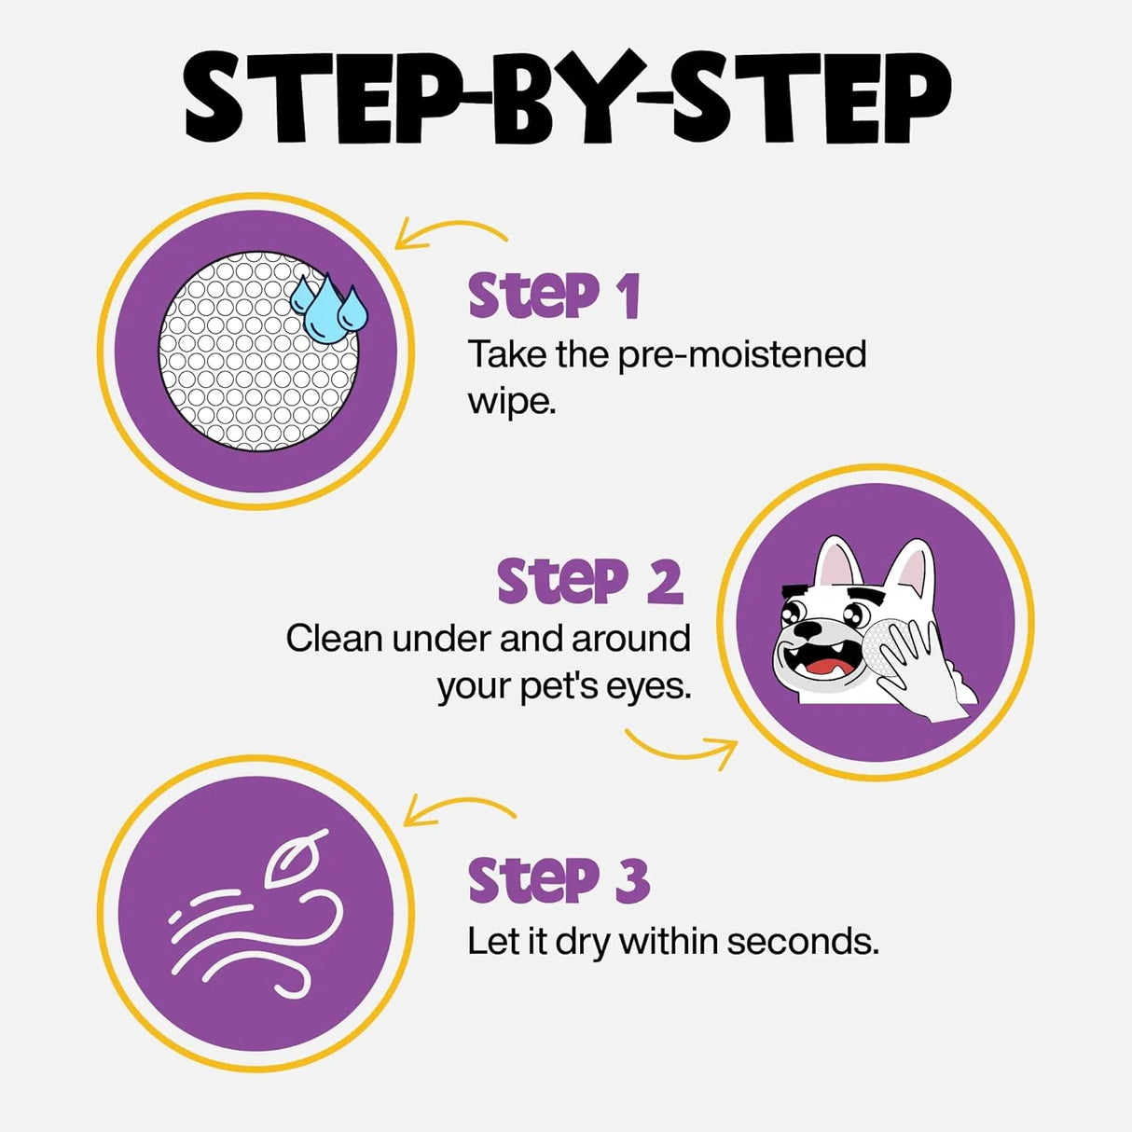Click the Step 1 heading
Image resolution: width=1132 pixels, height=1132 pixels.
554,297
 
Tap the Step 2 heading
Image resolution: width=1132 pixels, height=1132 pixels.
589,582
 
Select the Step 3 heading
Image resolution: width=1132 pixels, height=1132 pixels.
558,880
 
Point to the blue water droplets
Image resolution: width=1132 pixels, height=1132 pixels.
328,304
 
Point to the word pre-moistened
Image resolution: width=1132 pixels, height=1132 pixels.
742,355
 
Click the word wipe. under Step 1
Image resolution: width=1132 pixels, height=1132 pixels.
511,403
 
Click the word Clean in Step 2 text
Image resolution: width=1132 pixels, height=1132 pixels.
335,639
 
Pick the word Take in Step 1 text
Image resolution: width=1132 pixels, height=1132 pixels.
506,355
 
